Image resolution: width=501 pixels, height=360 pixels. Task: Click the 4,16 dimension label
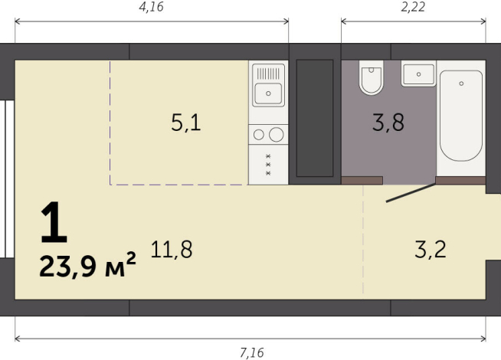151,8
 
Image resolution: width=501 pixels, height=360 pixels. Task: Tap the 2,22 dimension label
414,8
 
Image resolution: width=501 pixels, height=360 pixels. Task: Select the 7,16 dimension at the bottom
251,352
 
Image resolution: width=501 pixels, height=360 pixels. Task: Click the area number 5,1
185,123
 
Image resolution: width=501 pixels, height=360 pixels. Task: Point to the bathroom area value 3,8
388,123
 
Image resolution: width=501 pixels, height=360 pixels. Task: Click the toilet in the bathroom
372,79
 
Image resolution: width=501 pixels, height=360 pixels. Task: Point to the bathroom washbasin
417,74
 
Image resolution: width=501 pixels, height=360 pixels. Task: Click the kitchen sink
268,94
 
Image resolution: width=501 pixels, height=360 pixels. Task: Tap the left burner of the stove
259,135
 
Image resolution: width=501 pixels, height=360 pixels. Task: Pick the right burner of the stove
277,135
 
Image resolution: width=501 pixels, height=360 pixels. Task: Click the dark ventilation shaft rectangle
314,118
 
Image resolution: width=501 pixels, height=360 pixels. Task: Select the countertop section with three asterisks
268,165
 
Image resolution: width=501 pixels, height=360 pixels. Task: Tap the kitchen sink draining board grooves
268,74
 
